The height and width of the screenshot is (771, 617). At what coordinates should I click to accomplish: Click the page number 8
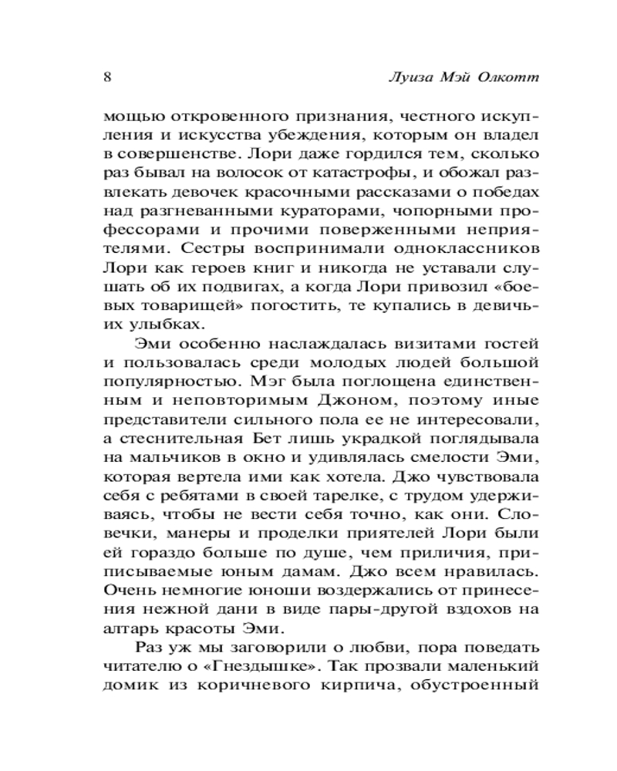[108, 77]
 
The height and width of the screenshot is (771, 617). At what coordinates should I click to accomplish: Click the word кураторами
[298, 211]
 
